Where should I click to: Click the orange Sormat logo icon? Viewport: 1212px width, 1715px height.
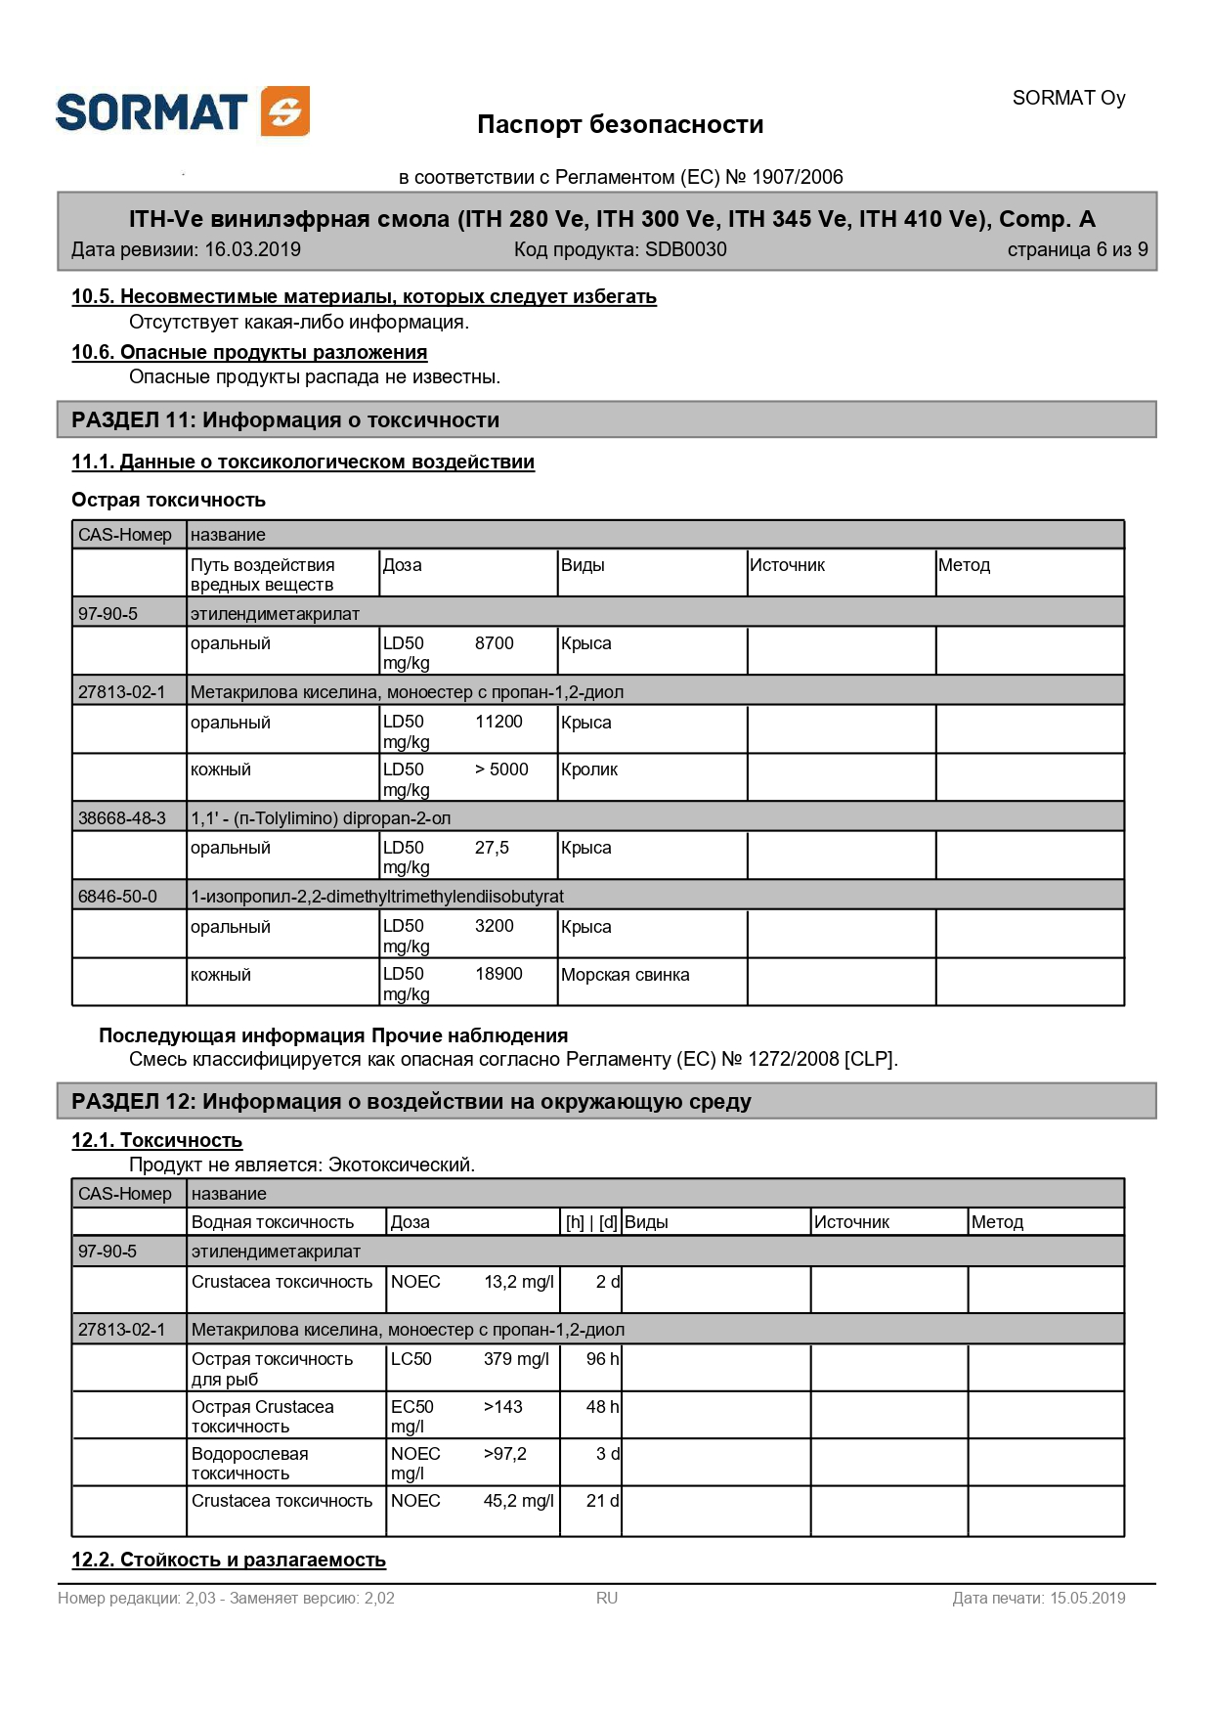[x=285, y=111]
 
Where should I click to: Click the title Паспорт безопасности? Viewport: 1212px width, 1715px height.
[x=620, y=125]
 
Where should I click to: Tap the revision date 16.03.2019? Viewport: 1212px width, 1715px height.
[x=252, y=249]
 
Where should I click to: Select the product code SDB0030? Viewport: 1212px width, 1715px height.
[x=685, y=249]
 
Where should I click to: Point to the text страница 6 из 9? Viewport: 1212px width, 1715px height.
[x=1077, y=249]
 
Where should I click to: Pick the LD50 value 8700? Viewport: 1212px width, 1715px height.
[x=494, y=643]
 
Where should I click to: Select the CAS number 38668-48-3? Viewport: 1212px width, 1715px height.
[x=122, y=818]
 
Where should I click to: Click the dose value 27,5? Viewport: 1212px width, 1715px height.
[x=492, y=848]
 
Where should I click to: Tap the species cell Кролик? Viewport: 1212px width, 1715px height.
[x=589, y=770]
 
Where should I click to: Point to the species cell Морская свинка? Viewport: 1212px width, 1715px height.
[x=625, y=975]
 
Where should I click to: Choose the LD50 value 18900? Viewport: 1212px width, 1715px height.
[x=498, y=974]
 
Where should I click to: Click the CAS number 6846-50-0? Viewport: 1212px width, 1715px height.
[x=117, y=897]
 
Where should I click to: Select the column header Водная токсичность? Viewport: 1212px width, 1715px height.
[x=273, y=1222]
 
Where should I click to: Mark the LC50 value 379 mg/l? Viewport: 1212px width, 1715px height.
[x=516, y=1359]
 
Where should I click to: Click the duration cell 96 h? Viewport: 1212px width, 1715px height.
[x=602, y=1359]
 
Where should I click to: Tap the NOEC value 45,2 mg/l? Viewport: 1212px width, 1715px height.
[x=518, y=1501]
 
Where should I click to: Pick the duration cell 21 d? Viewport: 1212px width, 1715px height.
[x=602, y=1501]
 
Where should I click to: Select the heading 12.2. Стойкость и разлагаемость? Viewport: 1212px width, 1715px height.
[x=229, y=1560]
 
